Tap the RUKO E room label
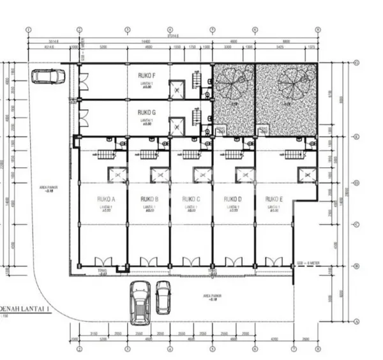[x=273, y=199]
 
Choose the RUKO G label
[x=147, y=112]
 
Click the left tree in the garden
[x=232, y=83]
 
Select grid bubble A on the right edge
[x=356, y=322]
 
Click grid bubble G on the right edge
[x=356, y=63]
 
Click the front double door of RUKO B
[x=148, y=262]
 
